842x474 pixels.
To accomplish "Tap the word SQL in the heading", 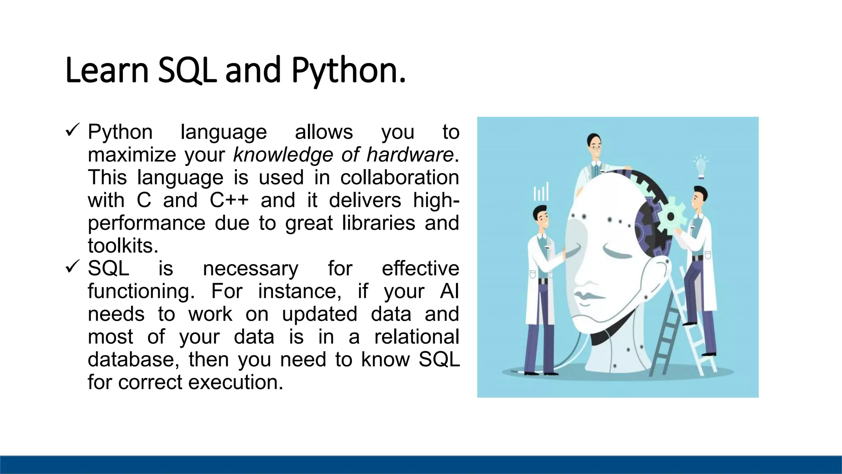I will (x=187, y=71).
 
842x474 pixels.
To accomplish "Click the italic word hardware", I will (x=409, y=155).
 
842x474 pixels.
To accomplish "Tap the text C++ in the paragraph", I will (x=229, y=200).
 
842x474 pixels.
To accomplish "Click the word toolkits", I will (x=123, y=246).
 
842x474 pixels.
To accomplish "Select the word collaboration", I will (x=399, y=177).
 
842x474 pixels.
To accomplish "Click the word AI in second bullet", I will (x=449, y=291).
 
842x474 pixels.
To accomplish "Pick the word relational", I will (x=416, y=337).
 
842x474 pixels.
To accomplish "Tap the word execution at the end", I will (x=236, y=382).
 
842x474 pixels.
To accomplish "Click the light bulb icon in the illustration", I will (x=701, y=166).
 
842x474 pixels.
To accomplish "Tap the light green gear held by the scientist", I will (x=671, y=216).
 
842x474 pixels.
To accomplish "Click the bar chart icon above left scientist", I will (x=541, y=191).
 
